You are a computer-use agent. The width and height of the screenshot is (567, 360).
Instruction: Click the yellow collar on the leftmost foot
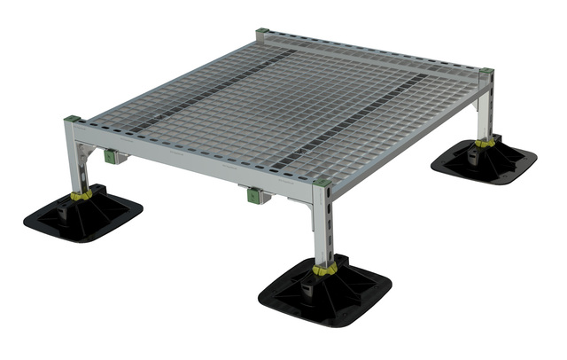tap(82, 194)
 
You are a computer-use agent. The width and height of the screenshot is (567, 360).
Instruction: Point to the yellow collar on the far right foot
tap(484, 141)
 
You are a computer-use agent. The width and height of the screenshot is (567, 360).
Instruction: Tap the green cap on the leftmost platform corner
tap(73, 119)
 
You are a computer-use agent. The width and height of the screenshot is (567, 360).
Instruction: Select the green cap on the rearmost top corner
tap(261, 34)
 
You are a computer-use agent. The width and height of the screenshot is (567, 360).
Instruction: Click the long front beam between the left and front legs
tap(195, 160)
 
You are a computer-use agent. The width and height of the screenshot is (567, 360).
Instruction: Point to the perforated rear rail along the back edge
tap(372, 51)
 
